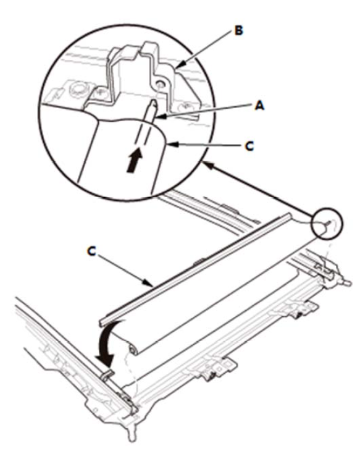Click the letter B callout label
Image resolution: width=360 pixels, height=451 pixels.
click(238, 30)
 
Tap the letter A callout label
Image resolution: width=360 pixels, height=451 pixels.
click(259, 106)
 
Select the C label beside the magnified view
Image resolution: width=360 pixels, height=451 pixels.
click(249, 146)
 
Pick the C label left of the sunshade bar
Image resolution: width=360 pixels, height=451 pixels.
click(91, 251)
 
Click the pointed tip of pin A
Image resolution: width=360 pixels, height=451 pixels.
click(154, 101)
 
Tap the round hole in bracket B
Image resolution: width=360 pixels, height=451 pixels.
click(159, 84)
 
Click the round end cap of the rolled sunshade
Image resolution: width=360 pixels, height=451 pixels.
click(133, 350)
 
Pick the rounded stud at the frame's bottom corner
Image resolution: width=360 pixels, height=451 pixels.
click(132, 436)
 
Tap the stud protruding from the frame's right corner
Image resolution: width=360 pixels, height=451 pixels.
click(347, 282)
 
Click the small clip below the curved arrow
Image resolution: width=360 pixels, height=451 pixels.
click(107, 374)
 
